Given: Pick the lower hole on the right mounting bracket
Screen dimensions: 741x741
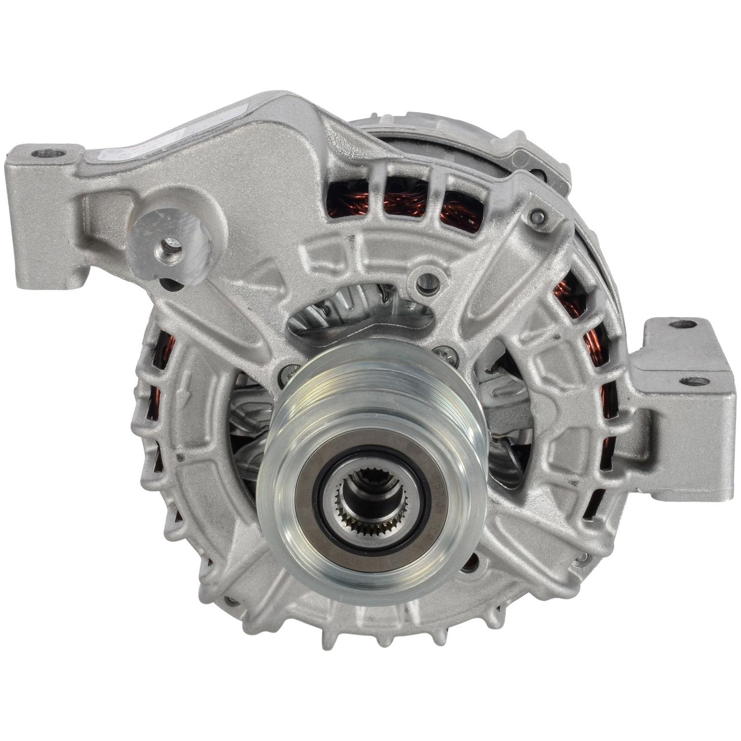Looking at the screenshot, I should point(694,381).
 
